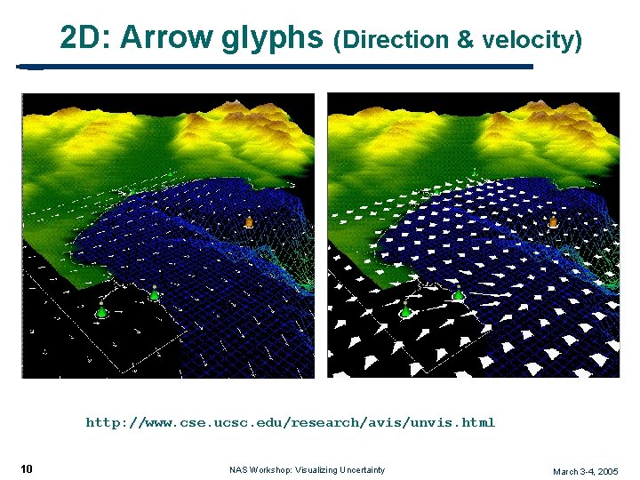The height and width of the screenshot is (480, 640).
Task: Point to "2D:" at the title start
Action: click(85, 38)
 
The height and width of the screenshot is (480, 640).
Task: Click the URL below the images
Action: click(290, 422)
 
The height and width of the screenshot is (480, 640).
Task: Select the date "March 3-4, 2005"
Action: click(585, 471)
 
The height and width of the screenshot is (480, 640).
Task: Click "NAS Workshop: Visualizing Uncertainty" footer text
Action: click(307, 470)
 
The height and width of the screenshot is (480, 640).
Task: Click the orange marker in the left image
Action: click(249, 221)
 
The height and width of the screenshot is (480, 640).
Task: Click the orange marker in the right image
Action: click(554, 221)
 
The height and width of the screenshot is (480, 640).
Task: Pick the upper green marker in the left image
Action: click(154, 294)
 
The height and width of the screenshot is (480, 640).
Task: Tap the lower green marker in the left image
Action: click(101, 311)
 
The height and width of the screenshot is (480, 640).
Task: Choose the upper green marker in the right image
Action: click(459, 294)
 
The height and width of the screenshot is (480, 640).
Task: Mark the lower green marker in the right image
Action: click(406, 311)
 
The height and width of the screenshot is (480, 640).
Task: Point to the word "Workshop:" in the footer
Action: click(271, 470)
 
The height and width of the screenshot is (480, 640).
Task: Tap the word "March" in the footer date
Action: click(566, 471)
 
